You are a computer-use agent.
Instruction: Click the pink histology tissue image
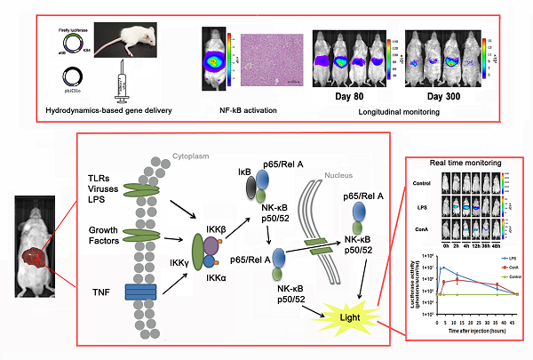[x=271, y=60]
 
